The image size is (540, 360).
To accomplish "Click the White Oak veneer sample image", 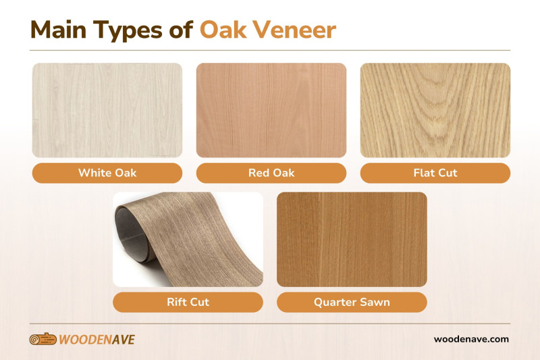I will pos(107,110).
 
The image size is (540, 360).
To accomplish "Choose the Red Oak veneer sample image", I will pos(271,110).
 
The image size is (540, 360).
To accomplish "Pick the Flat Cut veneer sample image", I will pos(435,110).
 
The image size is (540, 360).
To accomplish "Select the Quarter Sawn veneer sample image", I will pos(352,239).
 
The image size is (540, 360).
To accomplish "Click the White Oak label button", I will pos(107,173).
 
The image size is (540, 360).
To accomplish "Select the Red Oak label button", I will pos(271,173).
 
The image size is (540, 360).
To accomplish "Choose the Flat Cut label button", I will pos(435,173).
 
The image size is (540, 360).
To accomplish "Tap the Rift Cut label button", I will pos(188,302).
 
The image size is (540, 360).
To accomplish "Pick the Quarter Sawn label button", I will pos(352,302).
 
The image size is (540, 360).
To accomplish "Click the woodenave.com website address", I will pos(471,339).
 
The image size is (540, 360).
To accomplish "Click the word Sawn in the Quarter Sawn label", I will pos(375,302).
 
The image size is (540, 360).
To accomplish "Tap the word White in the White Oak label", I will pos(94,173).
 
